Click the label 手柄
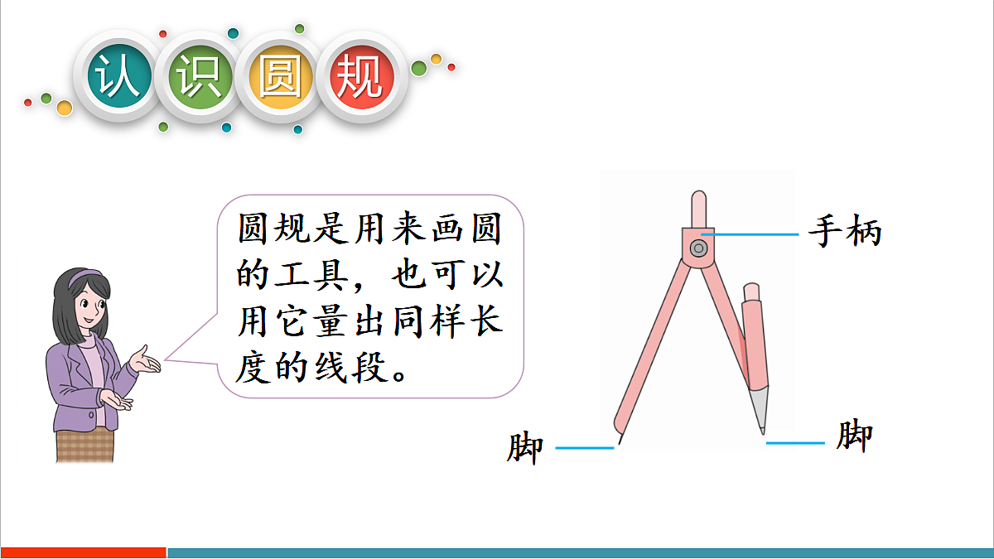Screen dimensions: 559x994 845,232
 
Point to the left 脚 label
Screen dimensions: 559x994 525,448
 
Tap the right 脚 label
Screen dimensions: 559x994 854,436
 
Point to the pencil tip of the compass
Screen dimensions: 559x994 762,429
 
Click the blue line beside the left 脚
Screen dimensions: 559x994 585,448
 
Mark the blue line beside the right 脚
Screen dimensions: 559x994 795,443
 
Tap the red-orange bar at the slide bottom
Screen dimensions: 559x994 83,552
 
